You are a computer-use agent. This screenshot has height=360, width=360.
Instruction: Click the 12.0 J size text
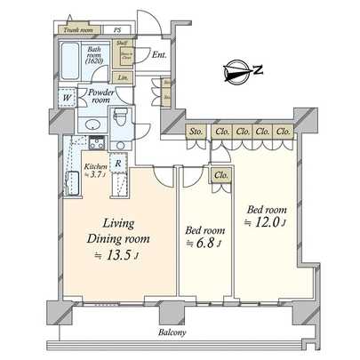(267, 222)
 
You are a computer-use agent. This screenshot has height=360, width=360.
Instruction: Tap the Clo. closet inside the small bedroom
(220, 175)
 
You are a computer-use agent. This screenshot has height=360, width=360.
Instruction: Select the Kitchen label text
(94, 167)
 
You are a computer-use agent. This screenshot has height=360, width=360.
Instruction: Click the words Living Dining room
(117, 230)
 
